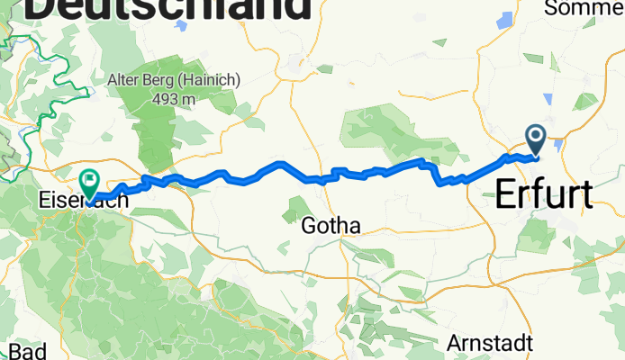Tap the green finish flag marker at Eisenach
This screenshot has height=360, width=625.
click(x=88, y=181)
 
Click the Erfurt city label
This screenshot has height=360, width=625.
click(x=544, y=195)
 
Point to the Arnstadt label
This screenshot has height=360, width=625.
click(x=490, y=343)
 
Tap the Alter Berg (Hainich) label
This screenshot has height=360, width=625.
click(x=174, y=79)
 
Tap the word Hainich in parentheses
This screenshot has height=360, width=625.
click(x=212, y=79)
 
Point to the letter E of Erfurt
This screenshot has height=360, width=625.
click(x=506, y=195)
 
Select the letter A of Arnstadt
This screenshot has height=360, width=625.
click(x=454, y=343)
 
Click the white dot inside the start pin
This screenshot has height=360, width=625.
click(x=536, y=136)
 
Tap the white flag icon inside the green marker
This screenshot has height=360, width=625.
click(x=88, y=178)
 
